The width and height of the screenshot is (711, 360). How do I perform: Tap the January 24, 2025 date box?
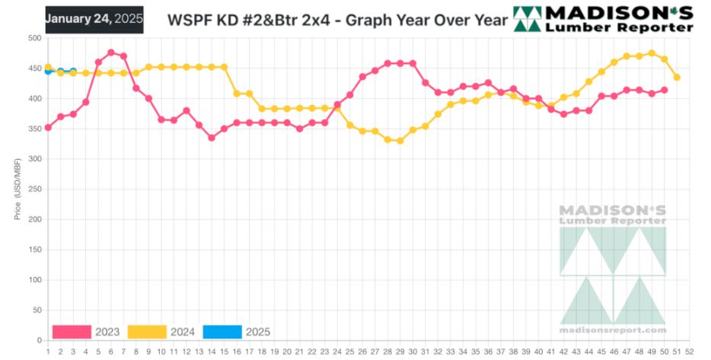click(x=94, y=19)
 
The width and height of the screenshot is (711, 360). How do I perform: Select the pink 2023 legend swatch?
click(x=72, y=332)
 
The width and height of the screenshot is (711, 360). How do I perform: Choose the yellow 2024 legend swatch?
click(x=147, y=332)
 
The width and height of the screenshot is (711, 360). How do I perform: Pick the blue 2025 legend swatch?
click(x=222, y=332)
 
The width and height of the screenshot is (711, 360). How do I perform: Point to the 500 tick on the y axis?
click(x=34, y=38)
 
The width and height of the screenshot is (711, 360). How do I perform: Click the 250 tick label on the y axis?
click(x=34, y=190)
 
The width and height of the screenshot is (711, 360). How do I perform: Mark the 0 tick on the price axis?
click(x=39, y=340)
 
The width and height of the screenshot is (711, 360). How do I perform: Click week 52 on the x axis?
click(x=689, y=352)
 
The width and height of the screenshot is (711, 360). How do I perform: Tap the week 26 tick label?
click(x=362, y=352)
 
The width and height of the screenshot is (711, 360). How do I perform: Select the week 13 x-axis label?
click(x=199, y=352)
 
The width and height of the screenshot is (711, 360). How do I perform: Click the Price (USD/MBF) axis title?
click(x=17, y=190)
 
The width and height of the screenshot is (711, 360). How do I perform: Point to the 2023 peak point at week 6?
click(x=111, y=53)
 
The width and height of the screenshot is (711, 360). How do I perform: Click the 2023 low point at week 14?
click(x=211, y=138)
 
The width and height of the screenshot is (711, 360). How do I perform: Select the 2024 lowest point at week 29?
click(x=400, y=141)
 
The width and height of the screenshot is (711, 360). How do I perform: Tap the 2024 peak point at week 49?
click(x=652, y=53)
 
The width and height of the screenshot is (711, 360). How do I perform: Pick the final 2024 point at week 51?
click(x=677, y=78)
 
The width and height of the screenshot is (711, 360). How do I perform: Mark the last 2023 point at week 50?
click(x=665, y=90)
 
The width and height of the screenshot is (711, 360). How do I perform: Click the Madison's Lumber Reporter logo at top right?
click(x=604, y=19)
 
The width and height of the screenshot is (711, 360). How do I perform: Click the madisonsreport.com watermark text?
click(x=613, y=330)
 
